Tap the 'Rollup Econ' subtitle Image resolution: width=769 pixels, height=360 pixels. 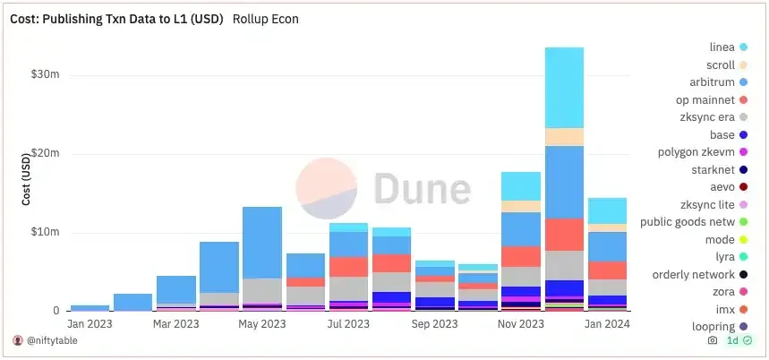266,19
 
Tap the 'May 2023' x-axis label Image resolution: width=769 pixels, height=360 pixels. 261,324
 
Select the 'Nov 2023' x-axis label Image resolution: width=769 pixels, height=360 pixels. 519,324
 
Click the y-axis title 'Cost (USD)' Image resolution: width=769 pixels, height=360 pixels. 26,178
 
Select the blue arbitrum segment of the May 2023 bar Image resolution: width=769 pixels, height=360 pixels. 261,242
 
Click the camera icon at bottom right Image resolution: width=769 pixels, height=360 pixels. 712,341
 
